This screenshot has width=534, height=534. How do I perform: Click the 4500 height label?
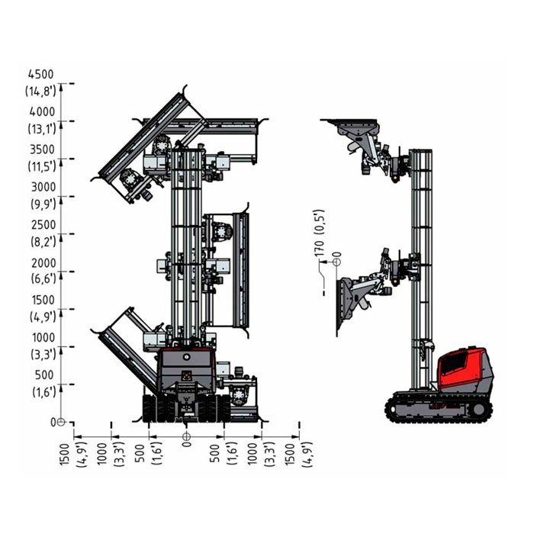click(41, 74)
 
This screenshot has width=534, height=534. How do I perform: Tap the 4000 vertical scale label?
click(42, 111)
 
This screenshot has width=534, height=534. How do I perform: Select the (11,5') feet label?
click(42, 166)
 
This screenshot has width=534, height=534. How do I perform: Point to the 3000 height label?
click(43, 187)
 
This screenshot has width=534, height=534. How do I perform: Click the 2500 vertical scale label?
click(43, 225)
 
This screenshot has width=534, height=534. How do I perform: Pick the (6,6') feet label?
click(43, 278)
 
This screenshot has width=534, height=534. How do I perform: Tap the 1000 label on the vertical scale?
click(43, 337)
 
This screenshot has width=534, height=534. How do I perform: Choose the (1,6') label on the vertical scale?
click(44, 392)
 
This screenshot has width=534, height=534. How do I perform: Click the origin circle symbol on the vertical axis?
click(61, 422)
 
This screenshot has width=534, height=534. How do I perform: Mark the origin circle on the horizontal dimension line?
click(186, 436)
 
